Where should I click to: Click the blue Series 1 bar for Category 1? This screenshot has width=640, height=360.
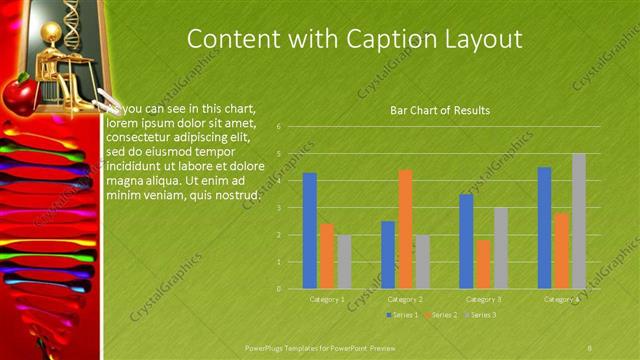click(x=310, y=230)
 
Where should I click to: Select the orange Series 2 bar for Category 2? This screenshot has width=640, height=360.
click(x=405, y=229)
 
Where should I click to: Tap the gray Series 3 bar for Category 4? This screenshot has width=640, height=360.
click(x=579, y=220)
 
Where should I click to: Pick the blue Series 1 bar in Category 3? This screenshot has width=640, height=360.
click(x=466, y=241)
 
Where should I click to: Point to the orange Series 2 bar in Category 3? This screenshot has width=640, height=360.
click(x=484, y=264)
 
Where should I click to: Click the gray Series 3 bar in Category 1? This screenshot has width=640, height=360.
click(x=344, y=261)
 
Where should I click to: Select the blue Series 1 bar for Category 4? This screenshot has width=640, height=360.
click(x=544, y=227)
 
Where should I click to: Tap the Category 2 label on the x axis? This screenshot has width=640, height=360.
click(x=405, y=299)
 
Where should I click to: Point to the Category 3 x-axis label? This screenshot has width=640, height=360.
click(x=484, y=299)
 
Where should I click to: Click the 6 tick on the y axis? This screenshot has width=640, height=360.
click(x=292, y=127)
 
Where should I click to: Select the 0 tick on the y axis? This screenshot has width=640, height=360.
click(x=292, y=288)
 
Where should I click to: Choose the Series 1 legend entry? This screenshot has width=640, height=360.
click(x=403, y=315)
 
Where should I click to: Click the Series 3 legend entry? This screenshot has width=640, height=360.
click(x=480, y=315)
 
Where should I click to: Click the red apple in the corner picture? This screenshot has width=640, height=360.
click(x=18, y=94)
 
